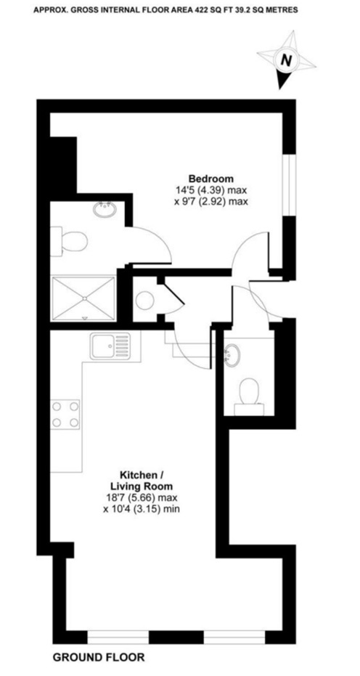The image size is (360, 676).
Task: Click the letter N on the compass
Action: [286, 60]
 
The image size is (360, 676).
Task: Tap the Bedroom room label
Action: [211, 179]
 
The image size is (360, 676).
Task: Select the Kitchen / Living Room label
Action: [142, 481]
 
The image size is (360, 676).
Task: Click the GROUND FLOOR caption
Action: [99, 657]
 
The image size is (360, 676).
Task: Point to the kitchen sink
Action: [110, 346]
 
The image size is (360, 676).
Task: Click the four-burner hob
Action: [65, 415]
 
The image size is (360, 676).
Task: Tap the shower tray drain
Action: [84, 298]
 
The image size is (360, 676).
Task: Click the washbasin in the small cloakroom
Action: [233, 355]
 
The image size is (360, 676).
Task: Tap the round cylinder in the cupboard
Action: [145, 300]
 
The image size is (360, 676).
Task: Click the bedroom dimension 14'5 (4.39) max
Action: [211, 190]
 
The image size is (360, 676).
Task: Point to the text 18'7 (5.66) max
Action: [142, 498]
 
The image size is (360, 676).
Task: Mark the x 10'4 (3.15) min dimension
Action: [142, 509]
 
